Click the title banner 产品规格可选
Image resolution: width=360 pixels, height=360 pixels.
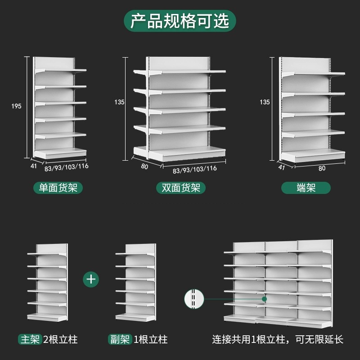[180, 21]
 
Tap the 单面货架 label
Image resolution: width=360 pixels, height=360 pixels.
[58, 188]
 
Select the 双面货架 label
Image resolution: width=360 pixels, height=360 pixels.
[180, 188]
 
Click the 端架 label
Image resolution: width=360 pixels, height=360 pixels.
[306, 188]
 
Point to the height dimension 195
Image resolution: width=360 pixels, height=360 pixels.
[17, 106]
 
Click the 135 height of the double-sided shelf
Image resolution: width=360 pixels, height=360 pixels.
[119, 102]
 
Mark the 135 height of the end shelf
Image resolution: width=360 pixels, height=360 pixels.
[265, 102]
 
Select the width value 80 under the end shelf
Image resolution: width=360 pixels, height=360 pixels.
[322, 168]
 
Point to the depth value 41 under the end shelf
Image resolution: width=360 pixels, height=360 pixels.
[282, 167]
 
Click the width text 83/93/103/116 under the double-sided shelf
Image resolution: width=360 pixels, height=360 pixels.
[195, 169]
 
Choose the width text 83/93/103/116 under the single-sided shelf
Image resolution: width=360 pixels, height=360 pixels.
[67, 166]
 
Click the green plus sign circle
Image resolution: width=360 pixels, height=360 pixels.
[91, 279]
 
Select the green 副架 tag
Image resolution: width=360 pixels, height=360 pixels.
[120, 339]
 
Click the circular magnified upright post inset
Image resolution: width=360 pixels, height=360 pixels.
[194, 299]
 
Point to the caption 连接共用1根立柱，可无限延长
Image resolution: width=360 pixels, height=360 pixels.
[278, 339]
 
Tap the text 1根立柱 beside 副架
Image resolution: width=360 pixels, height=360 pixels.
[150, 339]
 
